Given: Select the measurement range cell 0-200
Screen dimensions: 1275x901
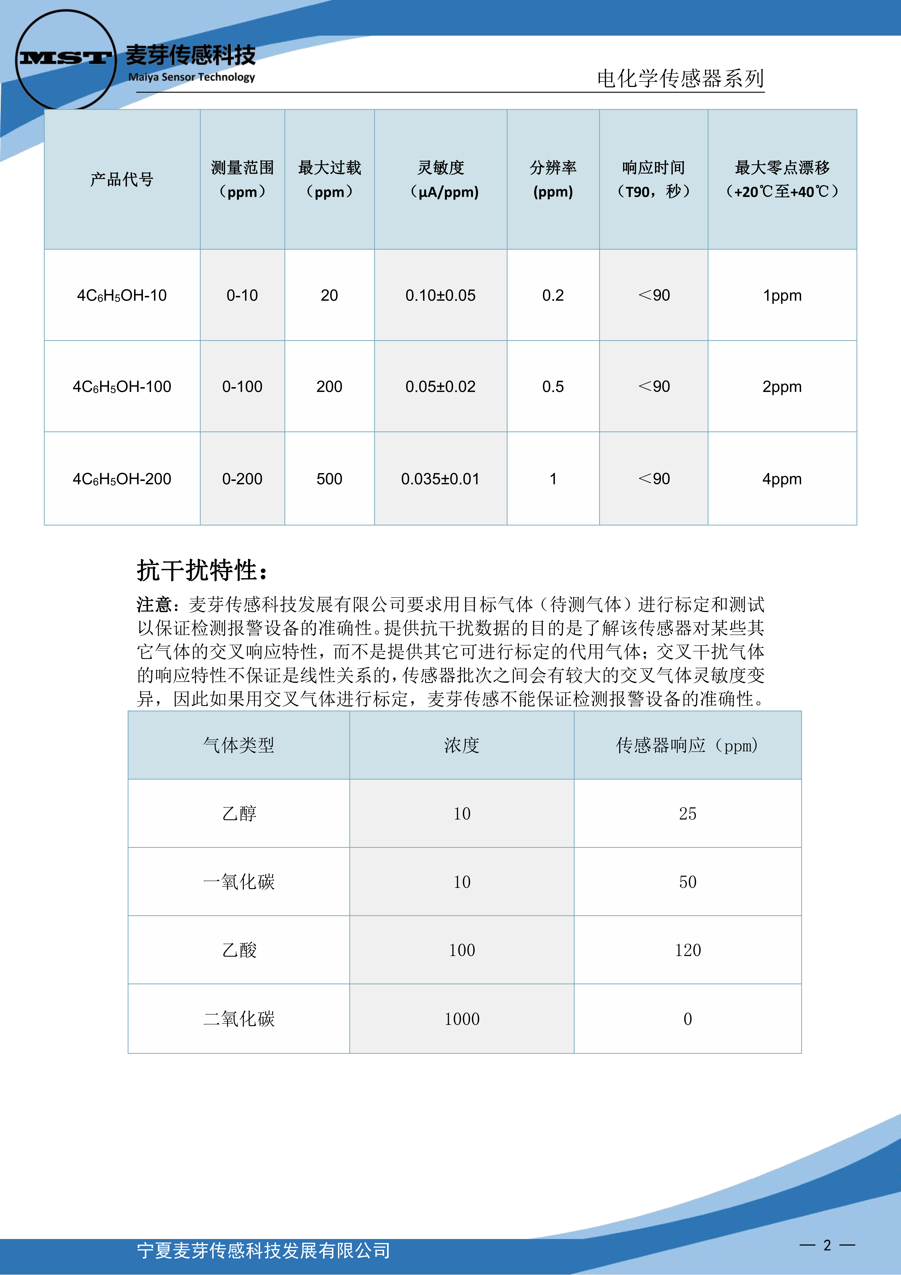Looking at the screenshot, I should (x=242, y=479).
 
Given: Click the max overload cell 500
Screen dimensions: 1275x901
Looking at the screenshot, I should (x=329, y=479).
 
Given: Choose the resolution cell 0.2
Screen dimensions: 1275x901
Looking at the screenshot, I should (x=553, y=295).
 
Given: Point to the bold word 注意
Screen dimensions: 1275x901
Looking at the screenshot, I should (x=155, y=604).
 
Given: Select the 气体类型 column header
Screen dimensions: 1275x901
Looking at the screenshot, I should (x=239, y=745).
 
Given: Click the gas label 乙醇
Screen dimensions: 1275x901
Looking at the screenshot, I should (x=239, y=814).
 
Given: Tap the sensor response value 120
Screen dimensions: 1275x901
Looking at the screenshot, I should (x=688, y=950).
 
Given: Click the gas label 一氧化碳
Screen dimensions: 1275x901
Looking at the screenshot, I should (x=239, y=882).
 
